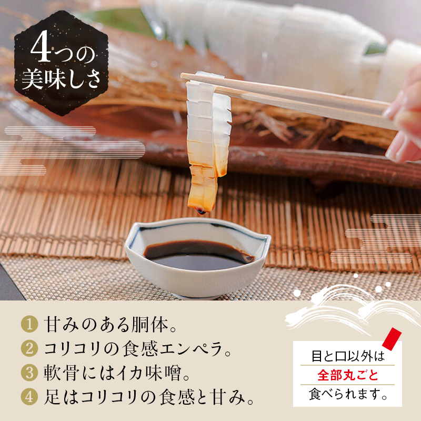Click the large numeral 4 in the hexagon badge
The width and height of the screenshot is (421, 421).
pyautogui.click(x=41, y=46)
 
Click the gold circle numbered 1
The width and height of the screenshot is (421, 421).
pyautogui.click(x=29, y=324)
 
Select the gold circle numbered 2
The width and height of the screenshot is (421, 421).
pyautogui.click(x=29, y=348)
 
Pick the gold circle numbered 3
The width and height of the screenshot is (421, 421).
pyautogui.click(x=29, y=373)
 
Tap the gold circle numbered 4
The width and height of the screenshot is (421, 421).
pyautogui.click(x=29, y=397)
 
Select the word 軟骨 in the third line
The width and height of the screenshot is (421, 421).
pyautogui.click(x=62, y=373)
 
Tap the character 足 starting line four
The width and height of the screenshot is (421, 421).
pyautogui.click(x=52, y=397)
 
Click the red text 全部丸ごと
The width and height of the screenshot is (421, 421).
pyautogui.click(x=347, y=375)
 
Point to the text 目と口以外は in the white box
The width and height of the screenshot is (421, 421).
pyautogui.click(x=348, y=356)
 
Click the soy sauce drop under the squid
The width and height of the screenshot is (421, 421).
pyautogui.click(x=202, y=212)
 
